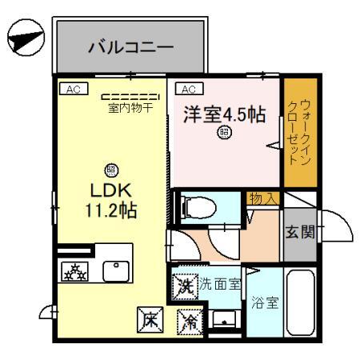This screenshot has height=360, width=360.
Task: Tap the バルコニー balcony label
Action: point(130,47)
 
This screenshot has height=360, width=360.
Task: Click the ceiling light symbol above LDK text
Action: point(110,170)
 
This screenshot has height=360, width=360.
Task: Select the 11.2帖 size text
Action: point(110,213)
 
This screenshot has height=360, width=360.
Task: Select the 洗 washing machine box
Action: point(183,285)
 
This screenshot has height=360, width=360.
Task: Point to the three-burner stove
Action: point(75,271)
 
